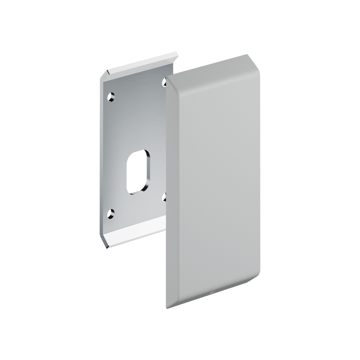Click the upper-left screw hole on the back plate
pos(111,97)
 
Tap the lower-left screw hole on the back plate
pos(111,214)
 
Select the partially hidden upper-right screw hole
pos(164,82)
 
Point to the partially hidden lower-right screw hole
pos(164,197)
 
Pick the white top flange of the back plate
pos(142,63)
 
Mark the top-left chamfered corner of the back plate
pos(104,75)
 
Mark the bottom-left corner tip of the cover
pos(167,308)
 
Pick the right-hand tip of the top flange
pos(177,53)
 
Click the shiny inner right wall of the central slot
pos(148,170)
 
